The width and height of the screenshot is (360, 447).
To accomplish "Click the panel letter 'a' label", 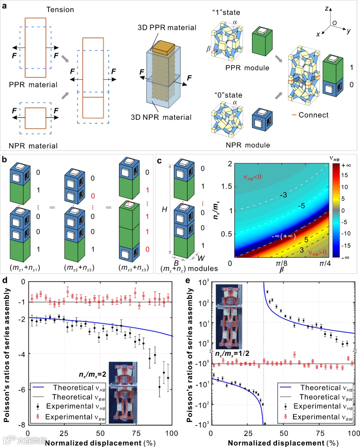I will [4, 6].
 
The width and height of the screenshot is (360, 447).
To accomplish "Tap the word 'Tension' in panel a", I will [60, 10].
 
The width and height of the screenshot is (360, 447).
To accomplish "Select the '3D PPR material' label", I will [167, 28].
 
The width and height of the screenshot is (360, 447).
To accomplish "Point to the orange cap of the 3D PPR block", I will [163, 47].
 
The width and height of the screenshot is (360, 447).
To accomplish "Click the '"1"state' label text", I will [226, 13].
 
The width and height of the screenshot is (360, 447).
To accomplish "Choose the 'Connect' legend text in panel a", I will [313, 115].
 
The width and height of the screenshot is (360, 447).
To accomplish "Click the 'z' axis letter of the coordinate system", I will [327, 9].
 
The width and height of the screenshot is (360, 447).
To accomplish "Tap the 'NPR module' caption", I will [248, 145].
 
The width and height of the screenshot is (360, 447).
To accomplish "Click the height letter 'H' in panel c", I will [164, 210].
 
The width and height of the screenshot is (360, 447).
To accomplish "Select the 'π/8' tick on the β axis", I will [282, 263].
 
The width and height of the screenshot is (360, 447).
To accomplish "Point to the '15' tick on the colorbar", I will [344, 175].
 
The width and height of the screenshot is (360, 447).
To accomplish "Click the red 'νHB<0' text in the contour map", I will [252, 177].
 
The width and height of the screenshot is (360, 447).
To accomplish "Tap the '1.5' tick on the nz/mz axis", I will [226, 187].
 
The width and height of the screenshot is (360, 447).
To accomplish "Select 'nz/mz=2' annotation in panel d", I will [92, 374].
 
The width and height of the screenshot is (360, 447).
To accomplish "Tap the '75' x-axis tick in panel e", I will [320, 433].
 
